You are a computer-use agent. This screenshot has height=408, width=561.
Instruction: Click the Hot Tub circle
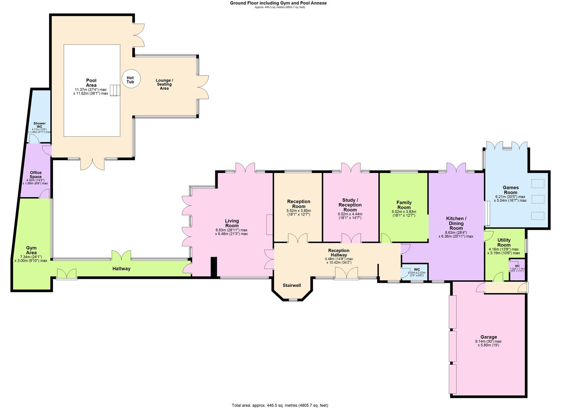tap(130, 80)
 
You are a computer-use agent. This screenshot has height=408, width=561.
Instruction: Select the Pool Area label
tap(91, 83)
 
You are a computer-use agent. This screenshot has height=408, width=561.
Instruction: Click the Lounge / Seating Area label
tap(164, 84)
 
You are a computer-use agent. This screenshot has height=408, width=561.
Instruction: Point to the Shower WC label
tap(39, 125)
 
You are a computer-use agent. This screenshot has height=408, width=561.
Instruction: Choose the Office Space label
tap(36, 175)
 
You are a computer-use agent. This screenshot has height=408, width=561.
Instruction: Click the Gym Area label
tap(31, 250)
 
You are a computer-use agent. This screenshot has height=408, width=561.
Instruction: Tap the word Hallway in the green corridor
tap(121, 269)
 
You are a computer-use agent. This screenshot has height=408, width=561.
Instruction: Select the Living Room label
tap(232, 223)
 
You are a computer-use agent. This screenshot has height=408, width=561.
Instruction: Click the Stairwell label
tap(292, 285)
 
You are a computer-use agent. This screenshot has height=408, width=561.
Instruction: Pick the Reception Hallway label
tap(338, 253)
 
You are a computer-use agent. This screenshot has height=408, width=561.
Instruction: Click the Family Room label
tap(404, 205)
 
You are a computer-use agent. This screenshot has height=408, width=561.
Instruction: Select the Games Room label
tap(510, 190)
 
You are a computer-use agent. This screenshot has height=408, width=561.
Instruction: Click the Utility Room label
tap(504, 243)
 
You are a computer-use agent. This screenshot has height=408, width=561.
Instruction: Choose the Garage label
tap(488, 337)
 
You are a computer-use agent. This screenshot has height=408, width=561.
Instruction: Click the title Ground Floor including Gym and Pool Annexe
tap(278, 3)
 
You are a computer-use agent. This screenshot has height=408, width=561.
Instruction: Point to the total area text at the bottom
tap(280, 405)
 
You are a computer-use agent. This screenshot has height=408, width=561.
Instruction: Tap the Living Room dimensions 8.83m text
tap(232, 230)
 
